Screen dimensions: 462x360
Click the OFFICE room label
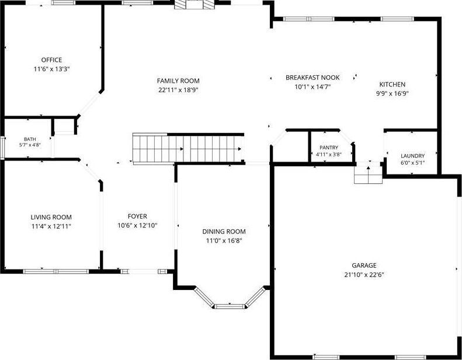coord(51,60)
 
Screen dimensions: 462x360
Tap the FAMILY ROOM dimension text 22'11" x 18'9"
coord(178,90)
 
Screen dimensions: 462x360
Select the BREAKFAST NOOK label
coord(312,78)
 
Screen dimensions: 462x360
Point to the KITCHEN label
coord(392,85)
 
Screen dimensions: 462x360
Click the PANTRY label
coord(329,148)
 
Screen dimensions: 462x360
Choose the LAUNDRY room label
coord(412,156)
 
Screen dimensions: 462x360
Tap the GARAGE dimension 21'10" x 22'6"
coord(364,275)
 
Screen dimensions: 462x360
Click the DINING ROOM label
coord(224,232)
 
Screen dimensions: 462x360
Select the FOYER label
coord(137,216)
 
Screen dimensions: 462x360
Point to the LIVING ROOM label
coord(51,217)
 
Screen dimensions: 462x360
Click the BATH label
coord(30,139)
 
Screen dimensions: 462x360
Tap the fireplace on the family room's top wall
coord(194,5)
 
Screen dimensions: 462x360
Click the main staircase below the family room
coord(188,149)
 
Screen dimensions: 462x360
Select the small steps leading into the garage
coord(369,175)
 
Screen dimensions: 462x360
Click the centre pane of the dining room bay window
coord(229,306)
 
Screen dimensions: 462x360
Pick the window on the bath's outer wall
coord(2,148)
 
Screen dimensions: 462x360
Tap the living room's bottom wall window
coord(56,271)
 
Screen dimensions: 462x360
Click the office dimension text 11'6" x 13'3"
coord(51,69)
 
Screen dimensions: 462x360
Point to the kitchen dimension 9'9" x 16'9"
coord(392,94)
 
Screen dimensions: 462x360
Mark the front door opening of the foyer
coord(144,271)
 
